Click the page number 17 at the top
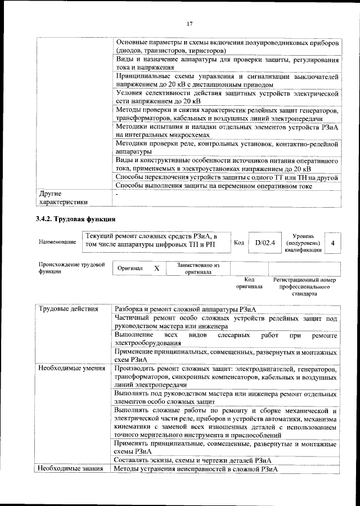pos(190,23)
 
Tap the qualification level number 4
pos(333,243)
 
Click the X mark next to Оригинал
pos(157,268)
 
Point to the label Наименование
pos(57,242)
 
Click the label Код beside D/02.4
pos(238,243)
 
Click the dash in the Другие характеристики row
pos(116,194)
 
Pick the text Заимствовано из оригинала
pos(198,268)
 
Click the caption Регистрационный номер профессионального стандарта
pos(304,286)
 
